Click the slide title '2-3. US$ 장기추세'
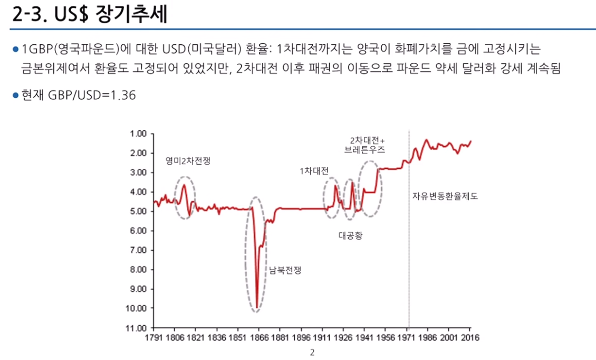point(90,14)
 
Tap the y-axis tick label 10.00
point(136,308)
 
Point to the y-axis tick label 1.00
point(138,134)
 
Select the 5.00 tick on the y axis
point(138,211)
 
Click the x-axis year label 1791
point(153,337)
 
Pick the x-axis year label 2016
point(470,337)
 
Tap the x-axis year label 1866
point(259,337)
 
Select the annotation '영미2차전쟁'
point(188,160)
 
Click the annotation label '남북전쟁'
point(285,271)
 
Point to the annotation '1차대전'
point(314,171)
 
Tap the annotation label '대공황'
point(350,235)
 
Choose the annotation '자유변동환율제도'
point(445,196)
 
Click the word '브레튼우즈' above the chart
point(365,150)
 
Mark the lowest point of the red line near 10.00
point(257,308)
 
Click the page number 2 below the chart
point(312,353)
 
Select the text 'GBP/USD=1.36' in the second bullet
point(92,95)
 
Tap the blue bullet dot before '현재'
point(16,95)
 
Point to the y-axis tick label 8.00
point(138,269)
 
